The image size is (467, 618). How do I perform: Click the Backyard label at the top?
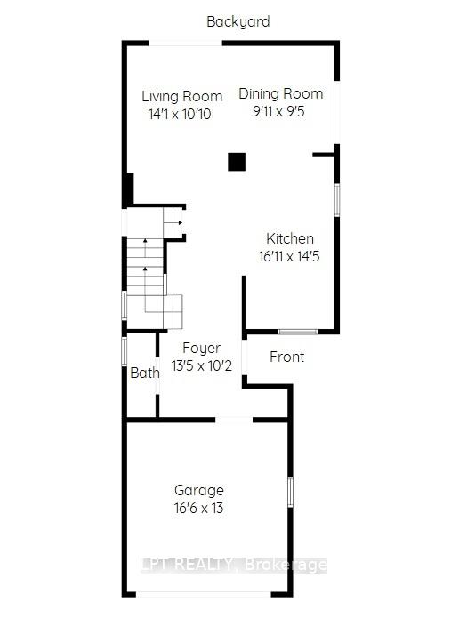(x=238, y=21)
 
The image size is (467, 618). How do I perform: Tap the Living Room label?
(x=182, y=96)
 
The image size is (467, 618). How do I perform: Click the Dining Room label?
(x=280, y=93)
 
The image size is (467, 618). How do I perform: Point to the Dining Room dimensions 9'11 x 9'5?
(x=280, y=111)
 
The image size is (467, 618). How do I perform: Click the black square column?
(x=236, y=161)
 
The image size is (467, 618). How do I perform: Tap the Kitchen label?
(x=290, y=238)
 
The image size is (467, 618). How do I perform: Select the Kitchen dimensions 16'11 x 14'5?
(x=290, y=255)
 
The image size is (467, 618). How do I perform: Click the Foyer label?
(x=201, y=348)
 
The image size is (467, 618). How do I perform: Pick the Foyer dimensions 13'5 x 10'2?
(x=202, y=365)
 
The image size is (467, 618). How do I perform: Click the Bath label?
(x=144, y=373)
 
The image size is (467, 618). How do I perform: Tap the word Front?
(x=286, y=357)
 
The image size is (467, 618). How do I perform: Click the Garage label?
(x=198, y=490)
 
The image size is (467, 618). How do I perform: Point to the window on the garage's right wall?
(x=290, y=493)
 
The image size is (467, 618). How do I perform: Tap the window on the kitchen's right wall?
(x=336, y=198)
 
